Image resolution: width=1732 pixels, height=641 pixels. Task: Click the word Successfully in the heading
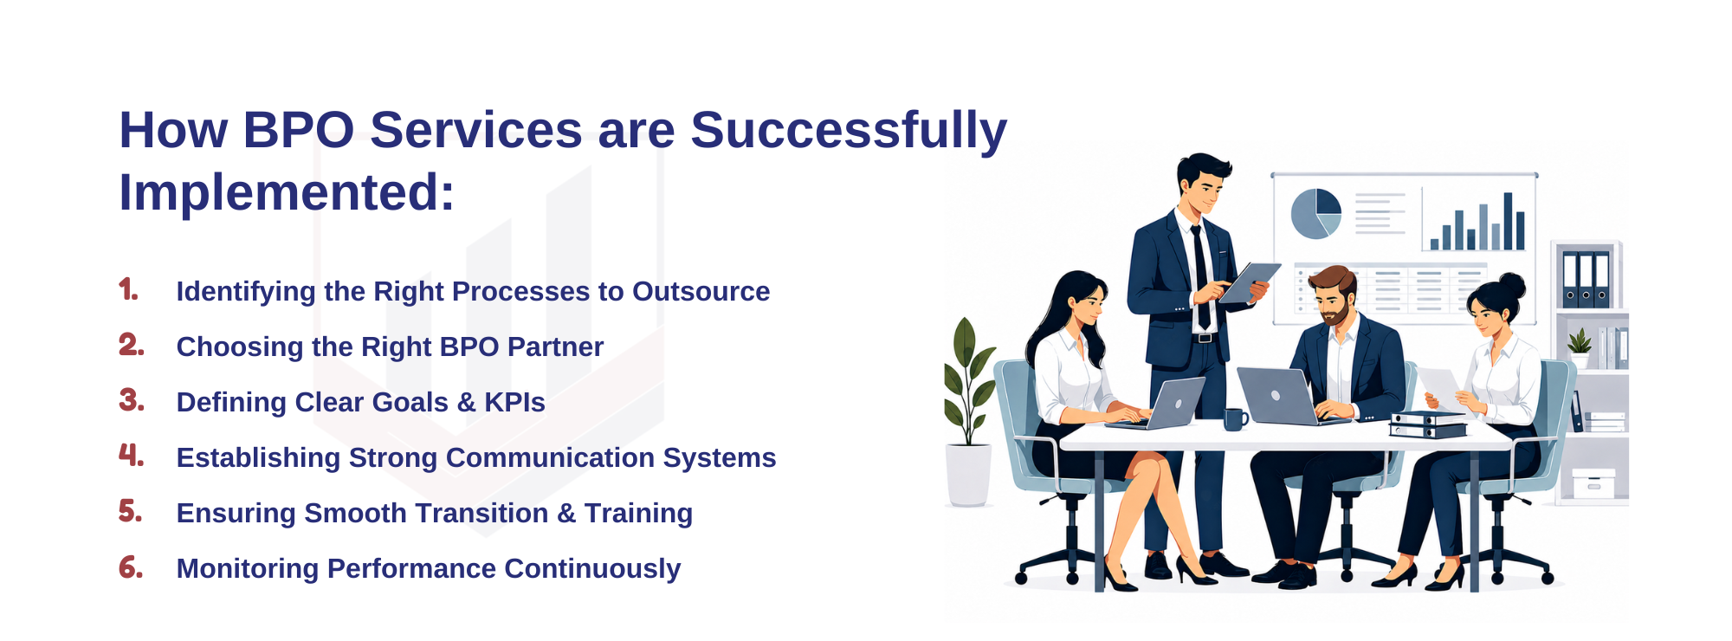click(x=849, y=132)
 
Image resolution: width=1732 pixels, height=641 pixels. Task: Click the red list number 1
click(x=128, y=289)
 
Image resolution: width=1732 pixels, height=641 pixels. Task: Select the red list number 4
click(x=131, y=455)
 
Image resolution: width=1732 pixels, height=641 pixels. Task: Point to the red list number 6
click(x=131, y=567)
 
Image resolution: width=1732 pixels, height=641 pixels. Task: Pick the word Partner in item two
click(x=555, y=347)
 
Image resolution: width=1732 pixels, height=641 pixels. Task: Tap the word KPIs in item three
click(x=514, y=403)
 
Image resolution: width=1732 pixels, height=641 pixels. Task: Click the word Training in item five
click(x=638, y=514)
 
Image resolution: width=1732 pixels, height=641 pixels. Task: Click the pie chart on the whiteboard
click(x=1315, y=214)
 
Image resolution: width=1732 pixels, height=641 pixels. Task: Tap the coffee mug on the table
click(x=1235, y=419)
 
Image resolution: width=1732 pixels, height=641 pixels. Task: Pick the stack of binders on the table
click(x=1428, y=424)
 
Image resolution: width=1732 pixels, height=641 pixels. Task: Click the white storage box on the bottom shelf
click(x=1593, y=484)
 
